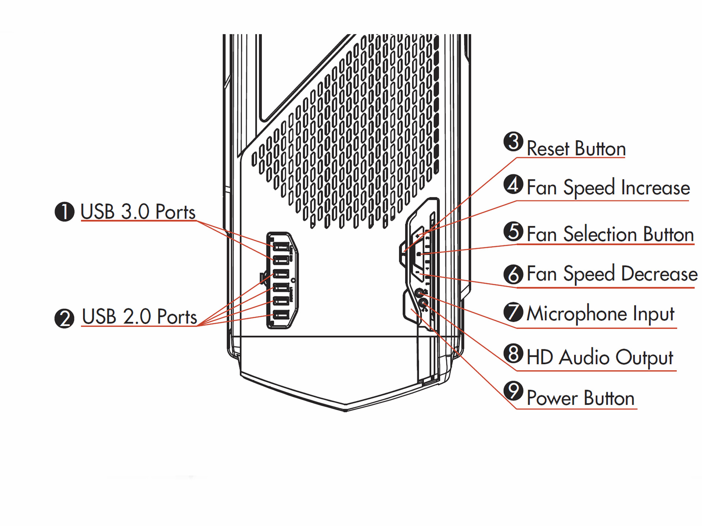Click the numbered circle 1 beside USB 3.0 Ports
click(x=64, y=211)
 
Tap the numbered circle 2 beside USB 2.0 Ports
click(x=64, y=318)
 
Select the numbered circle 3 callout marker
click(x=513, y=142)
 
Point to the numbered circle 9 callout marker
click(x=513, y=390)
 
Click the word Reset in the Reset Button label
click(x=548, y=149)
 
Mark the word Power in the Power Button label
click(x=552, y=398)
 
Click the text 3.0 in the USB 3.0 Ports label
click(x=135, y=212)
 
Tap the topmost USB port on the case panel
click(x=281, y=247)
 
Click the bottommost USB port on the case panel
click(x=281, y=315)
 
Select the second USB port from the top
click(x=281, y=260)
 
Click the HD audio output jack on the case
click(x=423, y=303)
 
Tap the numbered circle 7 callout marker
click(x=513, y=312)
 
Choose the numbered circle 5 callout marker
click(x=513, y=232)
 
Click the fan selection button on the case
click(x=419, y=254)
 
